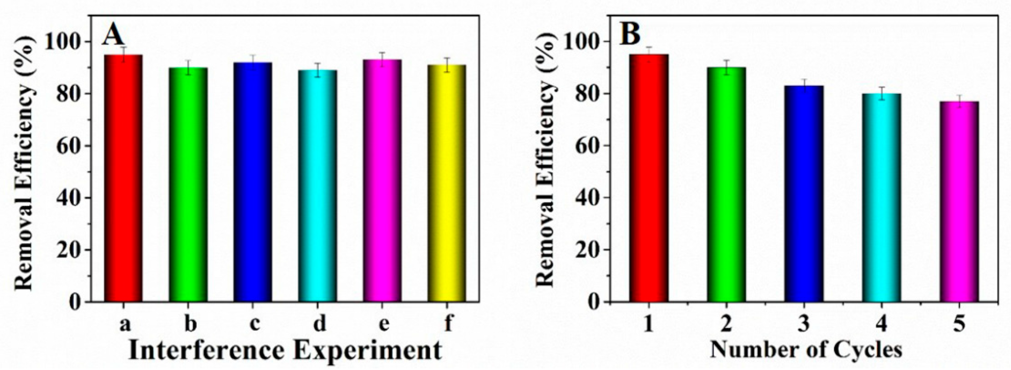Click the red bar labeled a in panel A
click(123, 178)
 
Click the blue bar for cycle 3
click(804, 194)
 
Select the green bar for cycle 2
click(727, 184)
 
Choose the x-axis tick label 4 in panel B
click(881, 324)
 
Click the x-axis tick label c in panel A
click(254, 324)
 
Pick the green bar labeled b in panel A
click(188, 184)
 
